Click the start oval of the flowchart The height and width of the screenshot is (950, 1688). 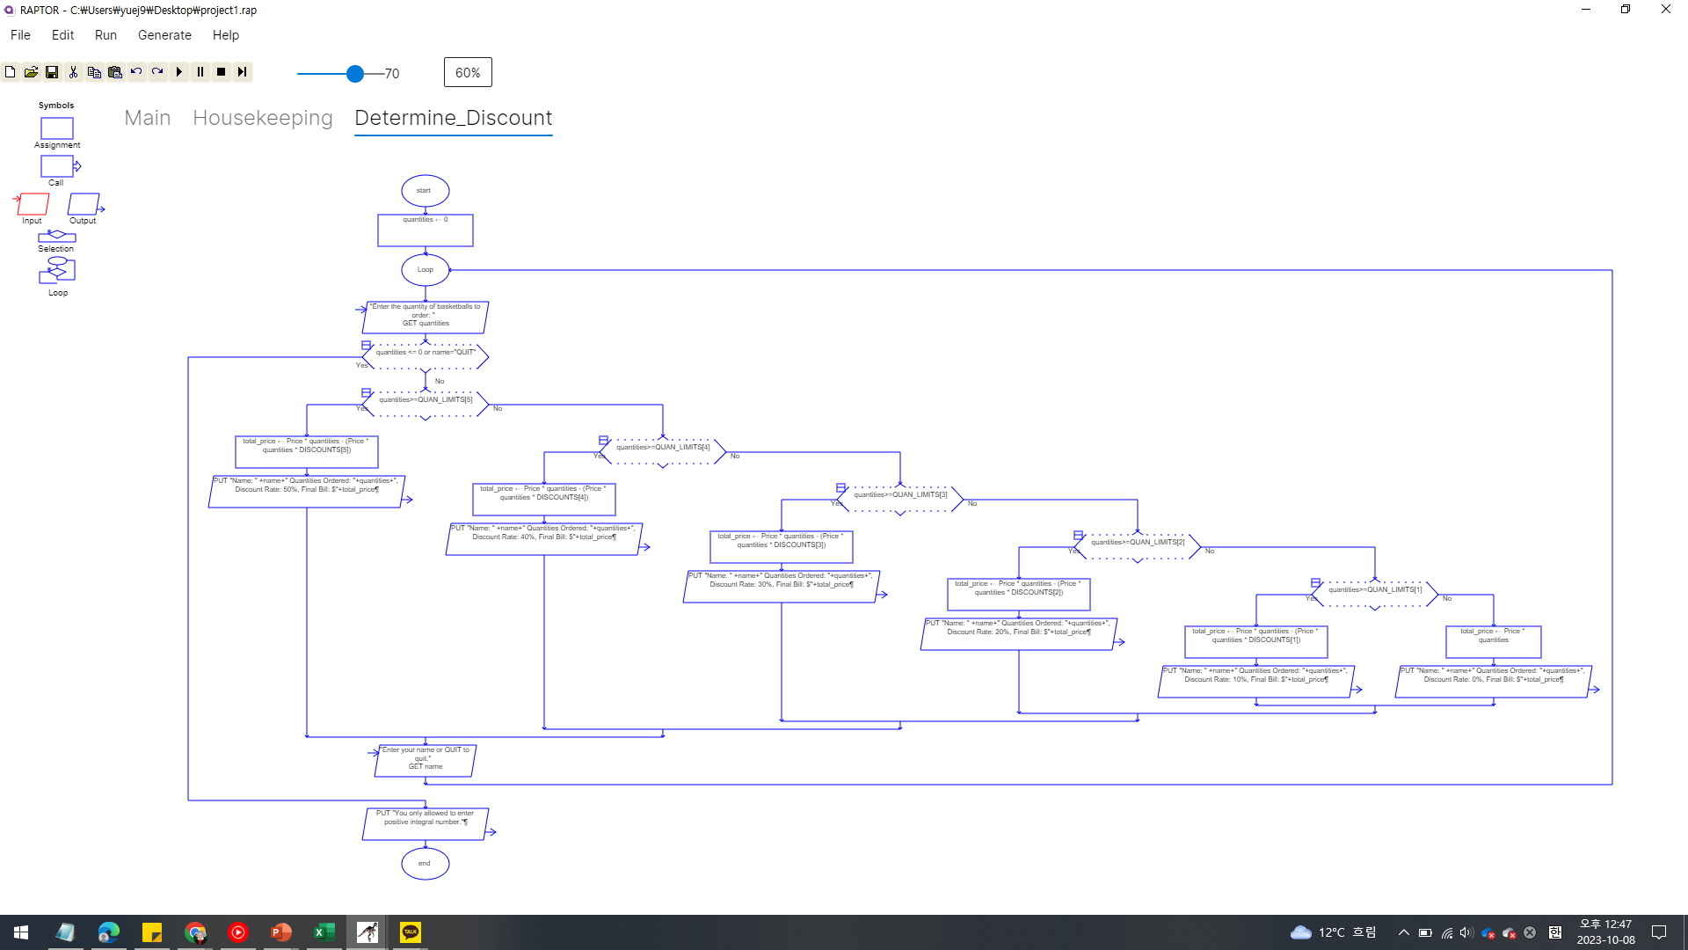pyautogui.click(x=425, y=190)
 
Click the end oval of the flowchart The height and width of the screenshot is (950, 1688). pyautogui.click(x=425, y=863)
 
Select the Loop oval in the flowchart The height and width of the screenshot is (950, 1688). pyautogui.click(x=425, y=269)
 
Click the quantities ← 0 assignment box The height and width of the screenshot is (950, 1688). pyautogui.click(x=425, y=230)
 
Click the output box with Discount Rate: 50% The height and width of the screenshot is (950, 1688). pyautogui.click(x=307, y=491)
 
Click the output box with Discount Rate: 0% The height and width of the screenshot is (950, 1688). pyautogui.click(x=1493, y=681)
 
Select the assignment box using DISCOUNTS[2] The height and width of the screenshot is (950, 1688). pyautogui.click(x=1018, y=594)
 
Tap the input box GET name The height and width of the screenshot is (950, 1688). pyautogui.click(x=425, y=760)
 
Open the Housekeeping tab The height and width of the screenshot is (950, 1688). pyautogui.click(x=262, y=118)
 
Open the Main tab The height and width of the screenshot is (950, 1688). pyautogui.click(x=147, y=118)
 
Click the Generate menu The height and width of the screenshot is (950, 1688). pyautogui.click(x=164, y=35)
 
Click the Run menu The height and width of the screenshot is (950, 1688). pyautogui.click(x=105, y=35)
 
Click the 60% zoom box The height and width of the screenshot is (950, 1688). pyautogui.click(x=468, y=72)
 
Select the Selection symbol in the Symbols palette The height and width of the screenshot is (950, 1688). pyautogui.click(x=56, y=236)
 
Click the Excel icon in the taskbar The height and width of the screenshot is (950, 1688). pyautogui.click(x=324, y=932)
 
